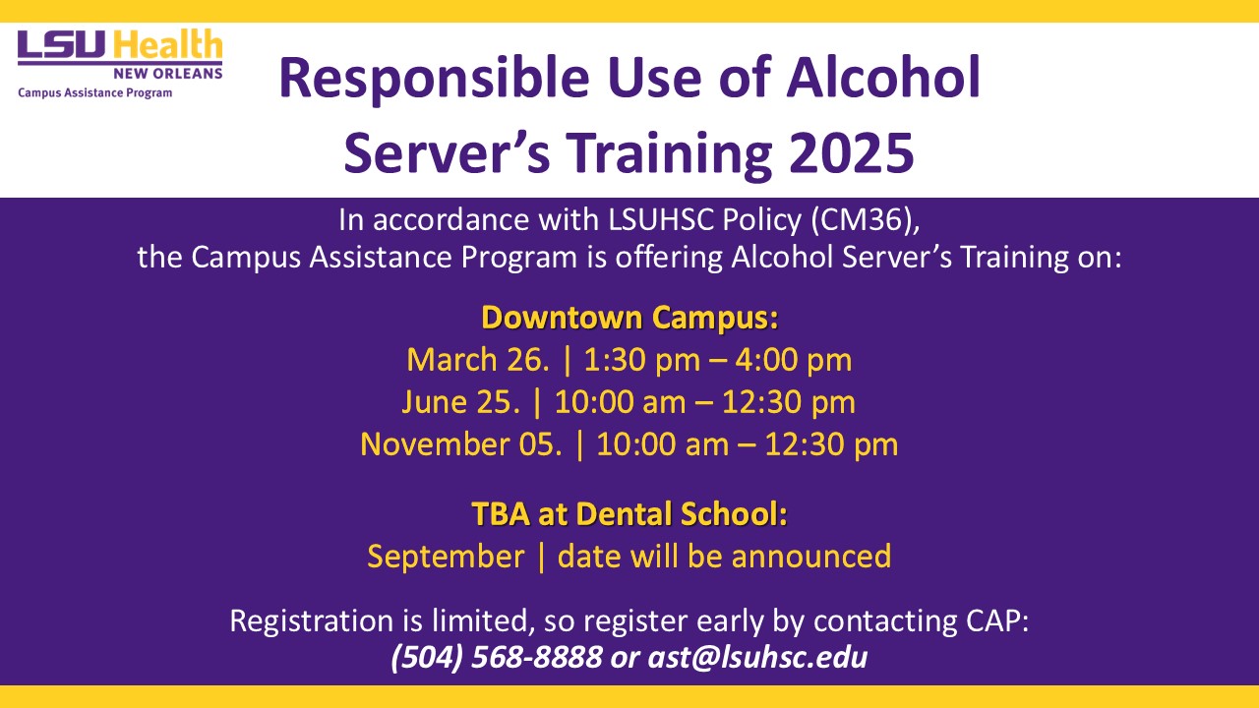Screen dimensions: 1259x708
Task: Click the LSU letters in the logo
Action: (61, 44)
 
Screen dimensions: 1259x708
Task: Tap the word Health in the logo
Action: (167, 44)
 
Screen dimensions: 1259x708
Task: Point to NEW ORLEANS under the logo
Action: (168, 74)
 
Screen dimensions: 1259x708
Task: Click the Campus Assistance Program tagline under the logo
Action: (95, 92)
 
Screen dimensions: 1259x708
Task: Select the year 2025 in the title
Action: (852, 152)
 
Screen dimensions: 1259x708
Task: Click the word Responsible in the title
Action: (435, 78)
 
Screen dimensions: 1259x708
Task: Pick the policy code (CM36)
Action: (865, 219)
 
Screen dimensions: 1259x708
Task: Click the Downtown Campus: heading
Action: (629, 318)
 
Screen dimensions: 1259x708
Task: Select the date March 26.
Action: (478, 360)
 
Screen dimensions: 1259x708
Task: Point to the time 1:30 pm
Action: (642, 360)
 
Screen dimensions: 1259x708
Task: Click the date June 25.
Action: (461, 402)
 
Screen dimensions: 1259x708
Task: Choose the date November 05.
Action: (461, 444)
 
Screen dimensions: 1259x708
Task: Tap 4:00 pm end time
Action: (794, 360)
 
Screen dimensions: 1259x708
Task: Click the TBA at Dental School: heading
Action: (629, 513)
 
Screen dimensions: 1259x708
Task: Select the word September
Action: (446, 557)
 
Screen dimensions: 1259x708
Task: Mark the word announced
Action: (811, 557)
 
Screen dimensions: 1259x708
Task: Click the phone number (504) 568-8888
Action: (497, 658)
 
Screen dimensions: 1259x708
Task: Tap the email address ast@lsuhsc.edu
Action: (757, 658)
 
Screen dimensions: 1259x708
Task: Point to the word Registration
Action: (312, 621)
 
